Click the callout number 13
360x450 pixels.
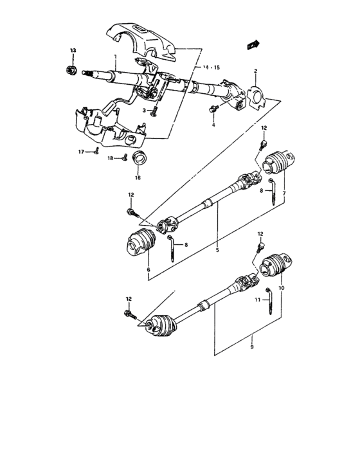(73, 50)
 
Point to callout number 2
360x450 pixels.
(255, 71)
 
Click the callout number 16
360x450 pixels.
(137, 178)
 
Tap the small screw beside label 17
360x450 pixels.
(95, 152)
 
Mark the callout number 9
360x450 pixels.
(252, 346)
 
